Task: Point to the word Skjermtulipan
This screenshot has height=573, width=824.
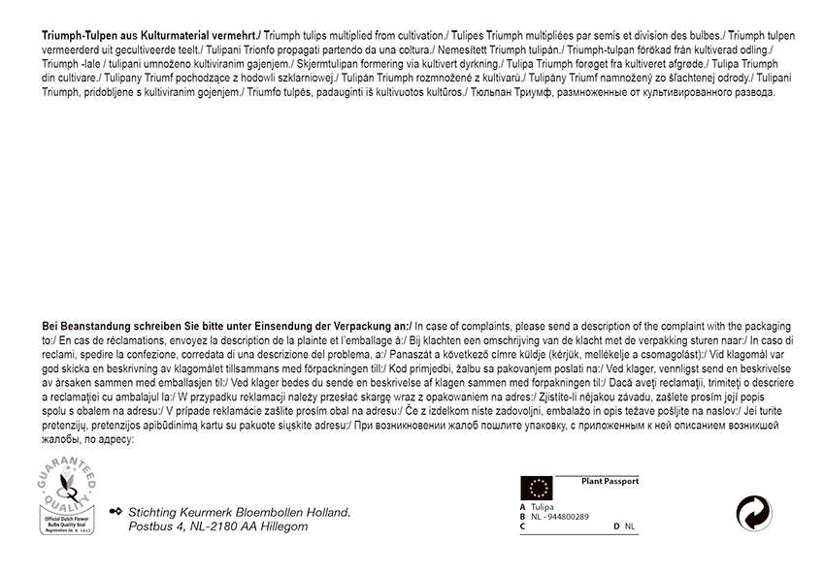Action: (323, 64)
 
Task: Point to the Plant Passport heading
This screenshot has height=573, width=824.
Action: (609, 481)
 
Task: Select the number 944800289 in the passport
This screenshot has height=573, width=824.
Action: (567, 517)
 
